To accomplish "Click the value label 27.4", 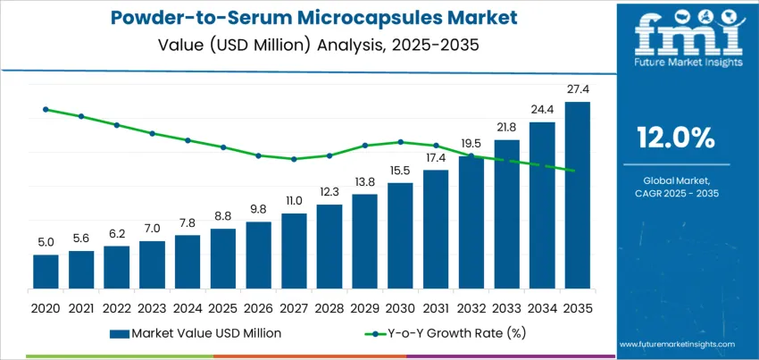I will tap(578, 91).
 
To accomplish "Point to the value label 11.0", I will tap(294, 202).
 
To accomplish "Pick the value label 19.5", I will tap(471, 144).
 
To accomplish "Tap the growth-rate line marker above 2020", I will tap(46, 110).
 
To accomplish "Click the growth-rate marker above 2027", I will tap(294, 159).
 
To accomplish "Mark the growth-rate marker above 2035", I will tap(571, 171).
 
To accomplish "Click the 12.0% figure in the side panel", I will tap(675, 137).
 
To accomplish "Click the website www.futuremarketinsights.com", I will tap(676, 344).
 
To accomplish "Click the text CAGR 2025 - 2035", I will tap(675, 193).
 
